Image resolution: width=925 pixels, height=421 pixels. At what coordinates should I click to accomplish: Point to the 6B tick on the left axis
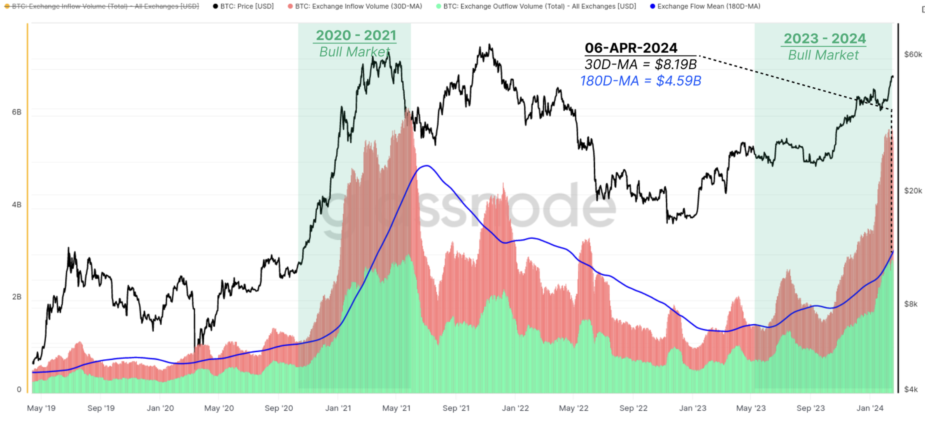point(16,112)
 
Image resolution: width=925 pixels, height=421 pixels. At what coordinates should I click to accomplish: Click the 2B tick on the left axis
point(16,297)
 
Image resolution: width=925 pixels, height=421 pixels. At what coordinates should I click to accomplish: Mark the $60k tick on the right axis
point(913,54)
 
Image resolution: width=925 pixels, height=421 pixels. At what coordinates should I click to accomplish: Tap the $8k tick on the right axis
point(911,304)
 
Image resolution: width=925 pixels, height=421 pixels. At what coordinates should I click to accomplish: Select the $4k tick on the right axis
point(911,389)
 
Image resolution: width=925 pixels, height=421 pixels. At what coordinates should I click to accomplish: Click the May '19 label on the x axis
point(41,408)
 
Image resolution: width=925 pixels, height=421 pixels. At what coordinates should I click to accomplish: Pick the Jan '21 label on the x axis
point(338,408)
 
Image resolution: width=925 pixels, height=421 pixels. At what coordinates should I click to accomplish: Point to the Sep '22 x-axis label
point(633,408)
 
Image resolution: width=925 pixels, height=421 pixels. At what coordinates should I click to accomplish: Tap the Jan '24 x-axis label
point(870,408)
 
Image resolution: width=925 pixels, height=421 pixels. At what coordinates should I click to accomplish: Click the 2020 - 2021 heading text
point(356,35)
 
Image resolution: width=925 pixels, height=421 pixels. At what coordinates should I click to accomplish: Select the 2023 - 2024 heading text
point(824,39)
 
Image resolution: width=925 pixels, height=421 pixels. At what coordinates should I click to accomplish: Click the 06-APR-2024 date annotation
point(631,48)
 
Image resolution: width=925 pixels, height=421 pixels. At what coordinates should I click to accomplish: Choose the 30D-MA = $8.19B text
point(641,64)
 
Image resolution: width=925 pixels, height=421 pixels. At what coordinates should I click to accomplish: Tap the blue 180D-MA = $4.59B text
point(641,81)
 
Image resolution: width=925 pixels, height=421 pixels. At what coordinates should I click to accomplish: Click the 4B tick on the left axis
point(16,205)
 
